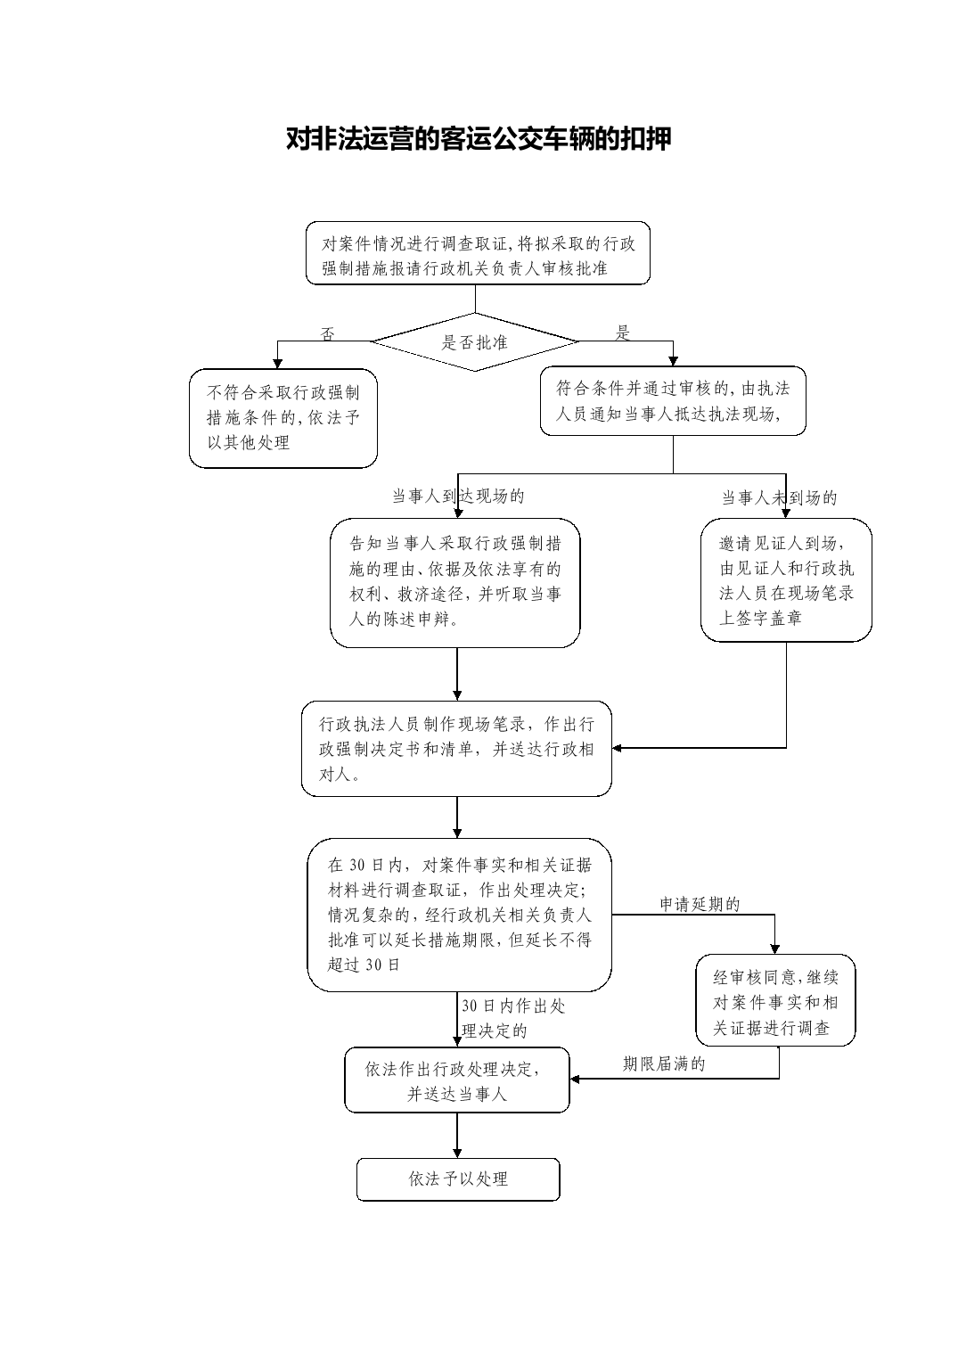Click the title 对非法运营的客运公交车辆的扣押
pyautogui.click(x=479, y=139)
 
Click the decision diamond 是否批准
pyautogui.click(x=475, y=341)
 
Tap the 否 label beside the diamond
pyautogui.click(x=327, y=334)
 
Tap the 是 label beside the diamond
pyautogui.click(x=623, y=333)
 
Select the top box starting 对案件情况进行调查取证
pyautogui.click(x=478, y=253)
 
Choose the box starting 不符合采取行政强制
pyautogui.click(x=283, y=418)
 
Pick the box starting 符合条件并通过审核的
pyautogui.click(x=673, y=400)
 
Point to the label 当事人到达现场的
pyautogui.click(x=458, y=497)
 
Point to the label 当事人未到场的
pyautogui.click(x=780, y=497)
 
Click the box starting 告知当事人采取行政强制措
pyautogui.click(x=454, y=582)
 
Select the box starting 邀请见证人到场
pyautogui.click(x=786, y=579)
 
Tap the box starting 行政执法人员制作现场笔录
pyautogui.click(x=456, y=748)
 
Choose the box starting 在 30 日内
pyautogui.click(x=459, y=915)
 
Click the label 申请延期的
pyautogui.click(x=700, y=904)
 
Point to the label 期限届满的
pyautogui.click(x=664, y=1064)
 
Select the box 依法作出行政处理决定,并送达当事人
pyautogui.click(x=457, y=1080)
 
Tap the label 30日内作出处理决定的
pyautogui.click(x=513, y=1018)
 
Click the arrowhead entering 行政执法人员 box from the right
pyautogui.click(x=617, y=748)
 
